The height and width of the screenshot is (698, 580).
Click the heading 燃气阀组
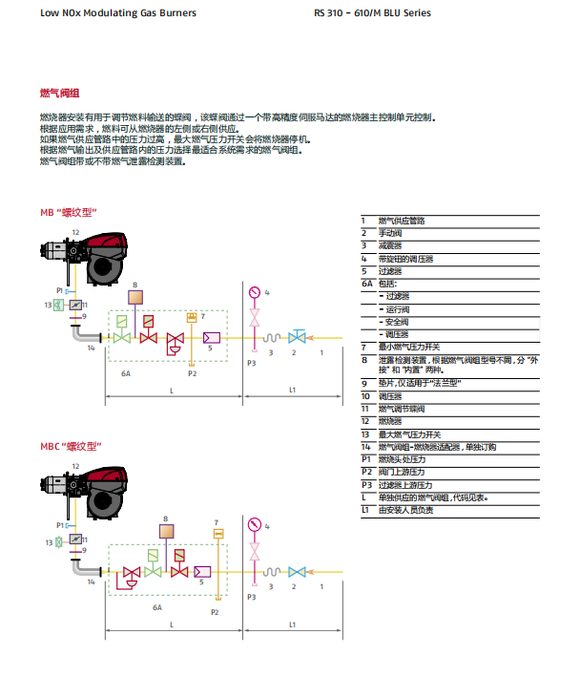[x=59, y=95]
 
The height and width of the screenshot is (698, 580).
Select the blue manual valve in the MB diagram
[x=297, y=336]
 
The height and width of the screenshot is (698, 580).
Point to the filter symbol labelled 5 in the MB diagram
[x=211, y=337]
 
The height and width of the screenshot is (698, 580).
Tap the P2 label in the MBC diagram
[x=215, y=612]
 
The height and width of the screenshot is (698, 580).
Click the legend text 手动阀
[x=391, y=233]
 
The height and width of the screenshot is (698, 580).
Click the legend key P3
[x=365, y=485]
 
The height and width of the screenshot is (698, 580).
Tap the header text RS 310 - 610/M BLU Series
[x=372, y=13]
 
